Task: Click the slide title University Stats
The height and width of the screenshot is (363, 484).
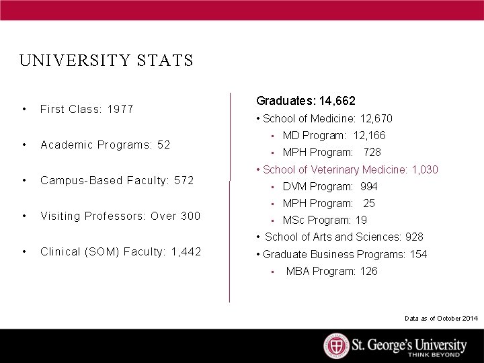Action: (x=106, y=61)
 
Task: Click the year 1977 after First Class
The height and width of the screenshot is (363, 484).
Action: (x=120, y=109)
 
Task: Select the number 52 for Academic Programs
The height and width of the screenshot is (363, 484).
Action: (x=163, y=145)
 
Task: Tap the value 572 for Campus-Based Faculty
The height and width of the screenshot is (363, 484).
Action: (x=184, y=180)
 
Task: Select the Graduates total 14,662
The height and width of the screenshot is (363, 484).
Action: (x=337, y=101)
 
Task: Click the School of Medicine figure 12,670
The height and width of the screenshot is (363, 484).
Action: (x=377, y=118)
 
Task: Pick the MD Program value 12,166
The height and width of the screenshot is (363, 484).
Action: (x=370, y=135)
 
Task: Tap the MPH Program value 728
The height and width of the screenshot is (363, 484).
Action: (x=372, y=152)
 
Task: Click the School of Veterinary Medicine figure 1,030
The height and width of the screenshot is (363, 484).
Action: (x=424, y=169)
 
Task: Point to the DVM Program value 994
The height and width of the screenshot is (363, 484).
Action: (x=369, y=186)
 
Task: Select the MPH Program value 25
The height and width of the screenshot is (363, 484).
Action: (x=369, y=203)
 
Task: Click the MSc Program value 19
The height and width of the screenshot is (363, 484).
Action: (x=361, y=220)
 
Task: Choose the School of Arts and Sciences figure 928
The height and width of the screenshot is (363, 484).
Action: (x=414, y=237)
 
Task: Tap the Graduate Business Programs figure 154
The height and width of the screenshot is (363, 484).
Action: (x=418, y=254)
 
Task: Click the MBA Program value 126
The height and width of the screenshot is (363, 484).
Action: (x=368, y=271)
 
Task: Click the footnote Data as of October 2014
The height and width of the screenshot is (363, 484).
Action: (x=441, y=318)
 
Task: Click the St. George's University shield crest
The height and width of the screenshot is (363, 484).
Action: (x=336, y=346)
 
